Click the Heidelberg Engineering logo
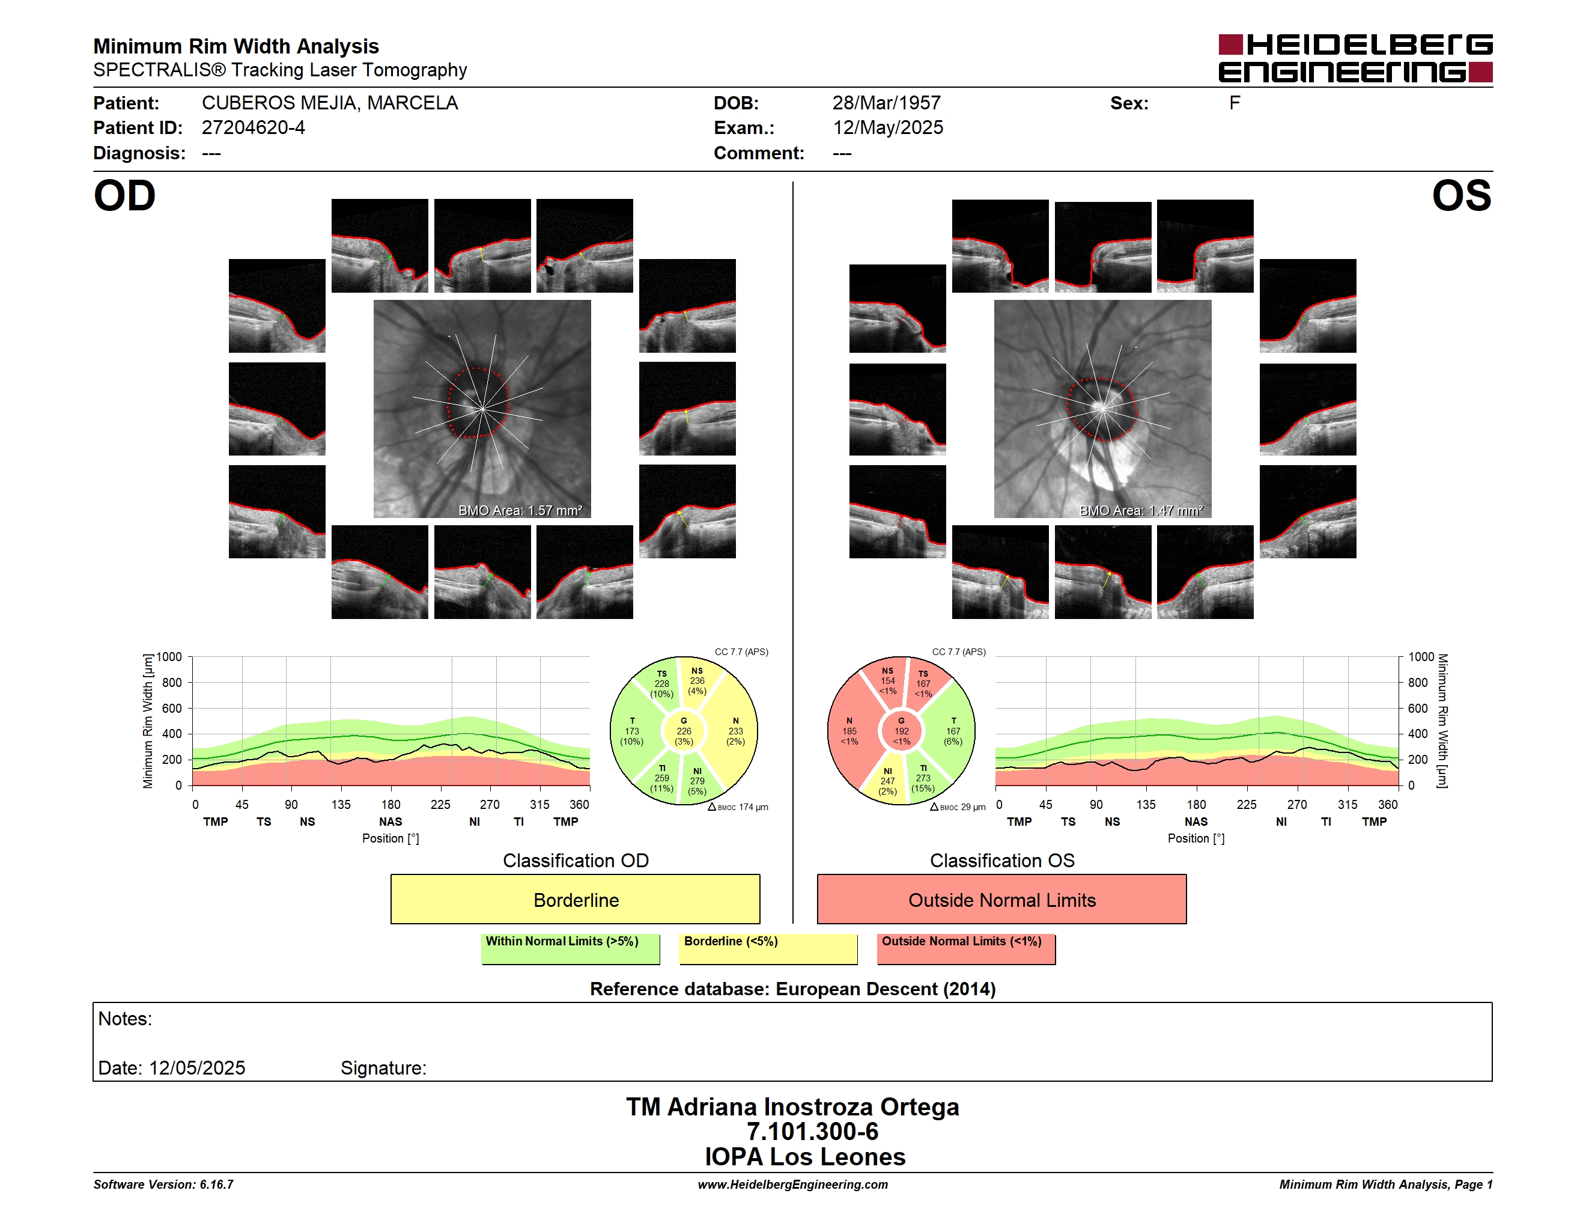tap(1355, 58)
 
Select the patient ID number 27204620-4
tap(253, 128)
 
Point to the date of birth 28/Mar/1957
tap(886, 103)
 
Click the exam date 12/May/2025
tap(887, 128)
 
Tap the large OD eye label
tap(124, 196)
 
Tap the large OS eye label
tap(1461, 196)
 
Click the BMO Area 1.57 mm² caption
tap(520, 511)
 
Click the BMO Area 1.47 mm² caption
tap(1141, 511)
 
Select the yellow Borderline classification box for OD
tap(575, 899)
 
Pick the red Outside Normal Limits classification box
tap(1001, 899)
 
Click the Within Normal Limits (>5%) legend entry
tap(570, 948)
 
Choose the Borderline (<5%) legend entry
tap(768, 948)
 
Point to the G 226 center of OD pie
tap(683, 731)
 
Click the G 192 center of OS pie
tap(901, 731)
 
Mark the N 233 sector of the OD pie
tap(735, 731)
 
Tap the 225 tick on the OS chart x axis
tap(1246, 805)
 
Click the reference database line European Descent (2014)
tap(792, 989)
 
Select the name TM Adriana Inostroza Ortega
tap(792, 1106)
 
